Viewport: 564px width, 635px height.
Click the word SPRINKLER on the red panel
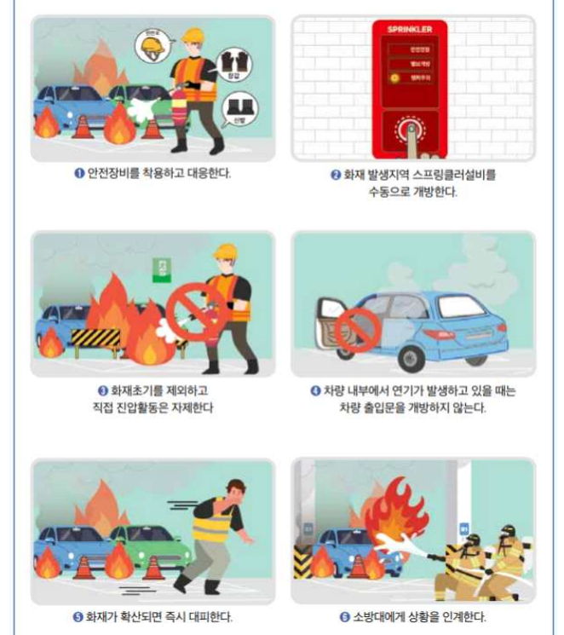pyautogui.click(x=410, y=30)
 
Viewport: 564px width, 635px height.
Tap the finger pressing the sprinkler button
pyautogui.click(x=411, y=137)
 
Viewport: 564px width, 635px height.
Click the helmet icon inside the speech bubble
pyautogui.click(x=153, y=46)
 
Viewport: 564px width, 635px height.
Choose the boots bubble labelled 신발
pyautogui.click(x=238, y=110)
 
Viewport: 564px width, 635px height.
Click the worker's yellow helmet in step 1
pyautogui.click(x=195, y=35)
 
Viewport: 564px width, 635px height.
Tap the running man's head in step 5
pyautogui.click(x=234, y=489)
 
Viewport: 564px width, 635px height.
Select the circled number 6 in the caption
pyautogui.click(x=344, y=616)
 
